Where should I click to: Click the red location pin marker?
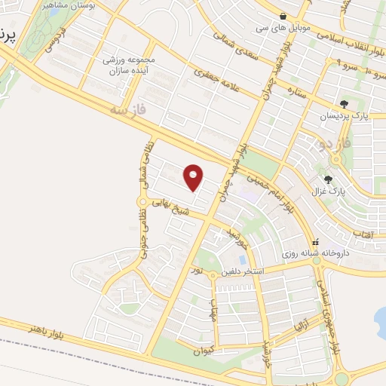tap(194, 177)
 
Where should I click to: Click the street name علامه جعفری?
tap(216, 81)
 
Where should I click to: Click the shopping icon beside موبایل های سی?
tap(283, 16)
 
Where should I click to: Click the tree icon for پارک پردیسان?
tap(345, 104)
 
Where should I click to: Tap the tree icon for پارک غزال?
tap(328, 179)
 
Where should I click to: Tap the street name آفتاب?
tap(363, 236)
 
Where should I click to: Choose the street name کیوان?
tap(203, 350)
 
